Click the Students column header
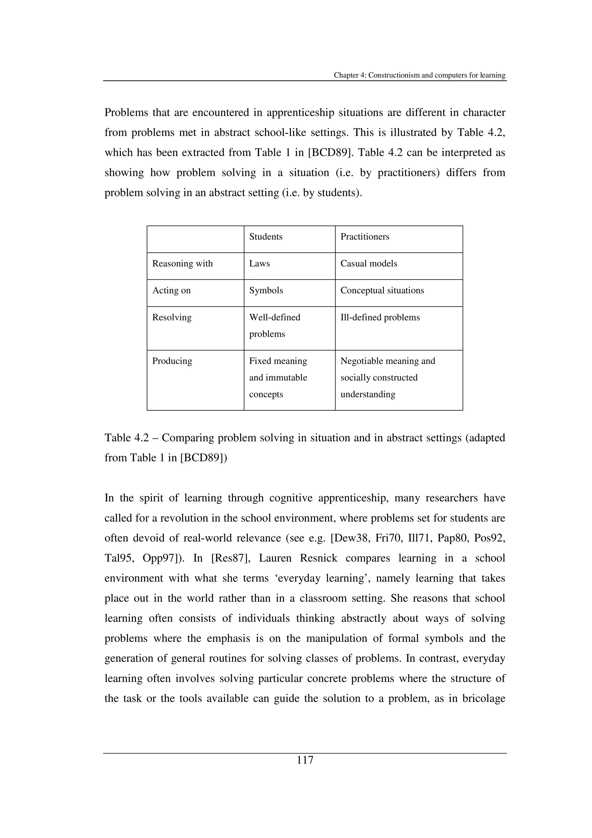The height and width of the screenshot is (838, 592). coord(266,237)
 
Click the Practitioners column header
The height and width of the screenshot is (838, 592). coord(365,237)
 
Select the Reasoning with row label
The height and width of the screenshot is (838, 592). coord(182,263)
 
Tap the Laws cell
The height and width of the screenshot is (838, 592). coord(259,263)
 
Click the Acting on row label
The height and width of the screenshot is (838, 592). coord(171,291)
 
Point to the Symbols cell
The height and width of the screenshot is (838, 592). coord(266,291)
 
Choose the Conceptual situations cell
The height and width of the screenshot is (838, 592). coord(382,291)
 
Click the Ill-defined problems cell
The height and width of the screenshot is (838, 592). coord(380,318)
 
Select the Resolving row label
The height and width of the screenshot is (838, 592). coord(171,318)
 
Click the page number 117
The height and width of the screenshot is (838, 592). coord(305,760)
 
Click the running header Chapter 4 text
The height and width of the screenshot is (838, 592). coord(419,75)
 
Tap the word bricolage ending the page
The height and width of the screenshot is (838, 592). coord(483,699)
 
